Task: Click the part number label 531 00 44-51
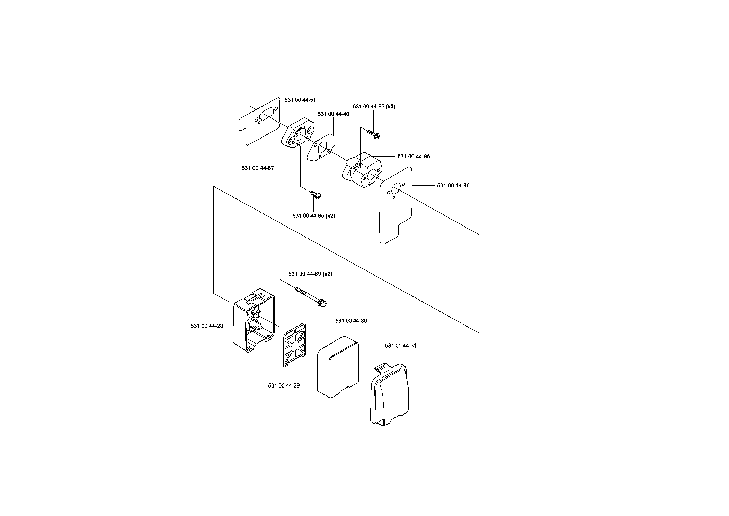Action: (300, 100)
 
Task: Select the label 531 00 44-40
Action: (333, 114)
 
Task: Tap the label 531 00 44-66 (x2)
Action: (374, 107)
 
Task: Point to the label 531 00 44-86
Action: (414, 157)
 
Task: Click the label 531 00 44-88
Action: (453, 186)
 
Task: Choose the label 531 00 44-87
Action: (258, 168)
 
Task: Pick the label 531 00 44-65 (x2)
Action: (314, 216)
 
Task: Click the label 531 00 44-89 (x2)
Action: (310, 274)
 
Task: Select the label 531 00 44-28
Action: (207, 326)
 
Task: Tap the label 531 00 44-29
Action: (284, 385)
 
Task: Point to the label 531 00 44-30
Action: (351, 321)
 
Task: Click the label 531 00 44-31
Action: (401, 346)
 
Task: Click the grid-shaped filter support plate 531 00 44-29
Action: (295, 344)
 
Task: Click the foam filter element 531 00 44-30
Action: (338, 366)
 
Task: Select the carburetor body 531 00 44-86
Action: (362, 171)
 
